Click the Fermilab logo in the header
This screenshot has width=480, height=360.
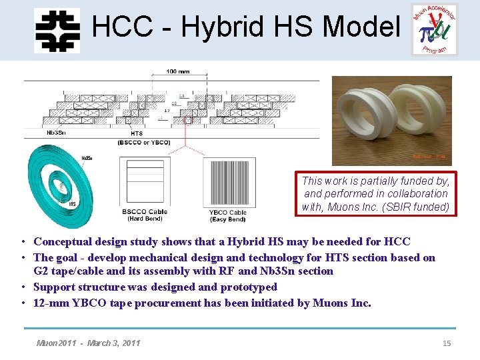[57, 29]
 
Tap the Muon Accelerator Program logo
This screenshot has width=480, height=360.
[434, 29]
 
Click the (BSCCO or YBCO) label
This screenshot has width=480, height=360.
[143, 142]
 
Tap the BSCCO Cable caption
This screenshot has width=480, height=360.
[145, 212]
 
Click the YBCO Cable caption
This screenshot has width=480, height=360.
[228, 213]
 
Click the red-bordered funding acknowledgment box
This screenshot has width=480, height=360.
[375, 193]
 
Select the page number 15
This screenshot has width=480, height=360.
[447, 343]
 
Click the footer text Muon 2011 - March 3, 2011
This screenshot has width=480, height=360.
[88, 343]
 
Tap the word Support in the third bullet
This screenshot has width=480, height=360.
[54, 287]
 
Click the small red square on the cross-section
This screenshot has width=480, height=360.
[187, 120]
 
